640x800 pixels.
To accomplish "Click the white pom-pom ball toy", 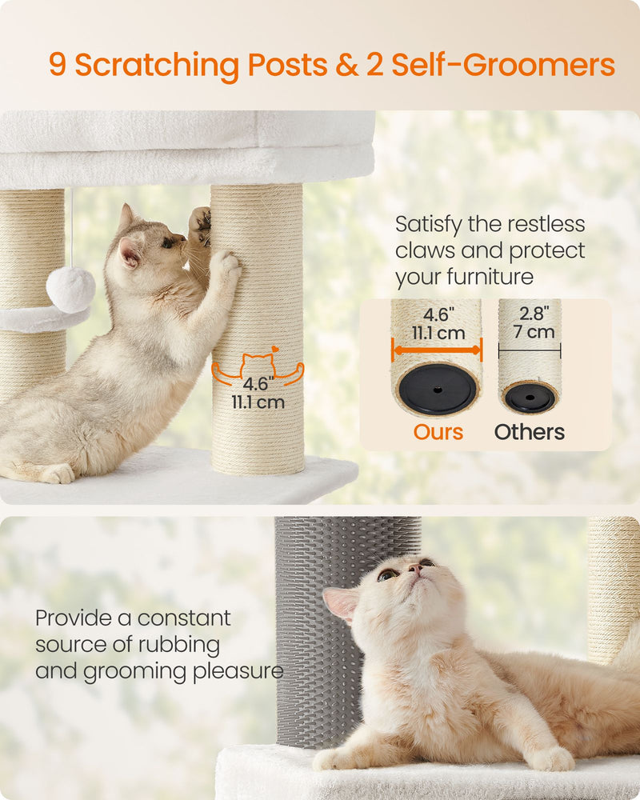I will click(x=70, y=289).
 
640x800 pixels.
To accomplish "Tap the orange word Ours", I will click(x=438, y=432).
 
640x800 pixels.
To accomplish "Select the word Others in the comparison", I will click(x=529, y=432).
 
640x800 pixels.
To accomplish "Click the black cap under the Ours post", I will click(x=438, y=389).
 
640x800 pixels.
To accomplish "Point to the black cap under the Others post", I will click(x=530, y=398).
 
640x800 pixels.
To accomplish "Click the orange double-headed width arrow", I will click(x=437, y=349).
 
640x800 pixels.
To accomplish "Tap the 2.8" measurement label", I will click(x=530, y=312).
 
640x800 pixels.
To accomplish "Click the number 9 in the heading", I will click(x=58, y=65).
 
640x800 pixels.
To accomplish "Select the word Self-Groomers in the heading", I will click(x=503, y=65).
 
